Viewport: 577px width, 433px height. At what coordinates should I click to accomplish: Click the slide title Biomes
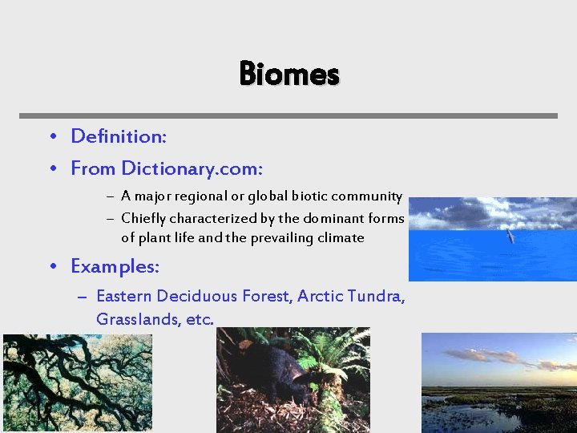(x=289, y=74)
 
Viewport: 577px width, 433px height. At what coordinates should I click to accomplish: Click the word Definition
(x=118, y=136)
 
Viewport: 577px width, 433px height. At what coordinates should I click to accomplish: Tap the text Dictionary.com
(x=192, y=168)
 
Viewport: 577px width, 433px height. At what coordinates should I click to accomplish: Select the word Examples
(x=115, y=265)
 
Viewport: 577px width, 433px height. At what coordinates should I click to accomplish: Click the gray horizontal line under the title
(x=288, y=115)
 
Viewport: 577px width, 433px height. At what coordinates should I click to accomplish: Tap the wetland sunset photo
(x=498, y=383)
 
